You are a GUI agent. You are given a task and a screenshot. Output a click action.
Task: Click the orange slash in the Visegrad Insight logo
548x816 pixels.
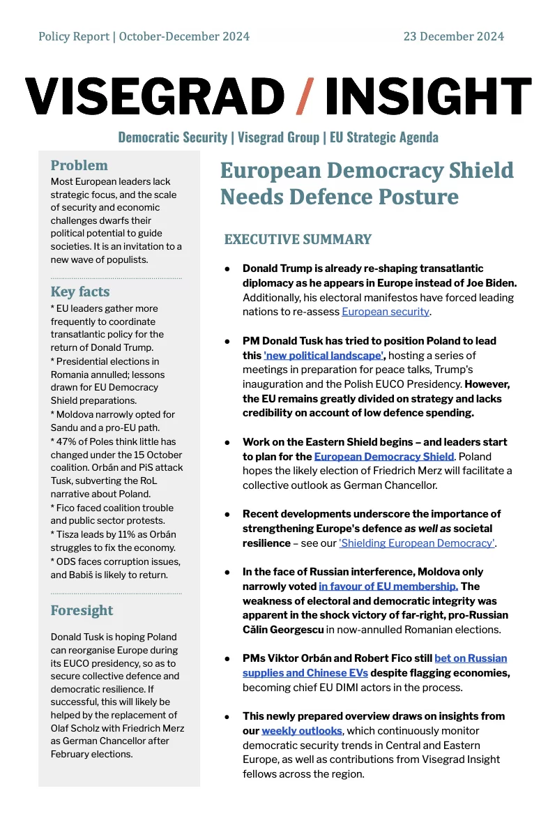click(305, 96)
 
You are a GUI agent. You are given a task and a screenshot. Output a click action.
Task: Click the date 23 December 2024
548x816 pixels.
click(453, 36)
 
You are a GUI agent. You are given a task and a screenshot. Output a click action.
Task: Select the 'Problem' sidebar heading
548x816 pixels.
click(79, 165)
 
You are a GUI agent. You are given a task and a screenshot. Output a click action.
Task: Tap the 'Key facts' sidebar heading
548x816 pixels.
click(80, 292)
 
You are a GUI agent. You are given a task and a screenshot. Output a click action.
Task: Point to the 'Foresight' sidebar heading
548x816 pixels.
click(82, 610)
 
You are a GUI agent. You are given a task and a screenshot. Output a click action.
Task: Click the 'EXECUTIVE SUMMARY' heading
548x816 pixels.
click(298, 240)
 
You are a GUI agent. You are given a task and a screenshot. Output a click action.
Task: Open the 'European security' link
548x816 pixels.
click(385, 311)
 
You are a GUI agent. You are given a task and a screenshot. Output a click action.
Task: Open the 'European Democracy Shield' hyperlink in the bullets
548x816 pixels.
click(384, 456)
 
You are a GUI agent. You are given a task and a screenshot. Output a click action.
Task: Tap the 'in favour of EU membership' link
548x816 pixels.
click(388, 587)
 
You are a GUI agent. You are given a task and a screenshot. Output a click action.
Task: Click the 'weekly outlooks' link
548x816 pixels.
click(302, 730)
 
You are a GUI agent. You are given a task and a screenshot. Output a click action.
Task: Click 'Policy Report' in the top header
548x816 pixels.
click(74, 36)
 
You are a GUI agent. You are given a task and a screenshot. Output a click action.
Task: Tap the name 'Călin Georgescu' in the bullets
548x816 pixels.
click(283, 629)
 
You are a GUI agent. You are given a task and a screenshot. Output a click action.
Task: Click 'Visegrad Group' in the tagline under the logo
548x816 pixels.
click(277, 137)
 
